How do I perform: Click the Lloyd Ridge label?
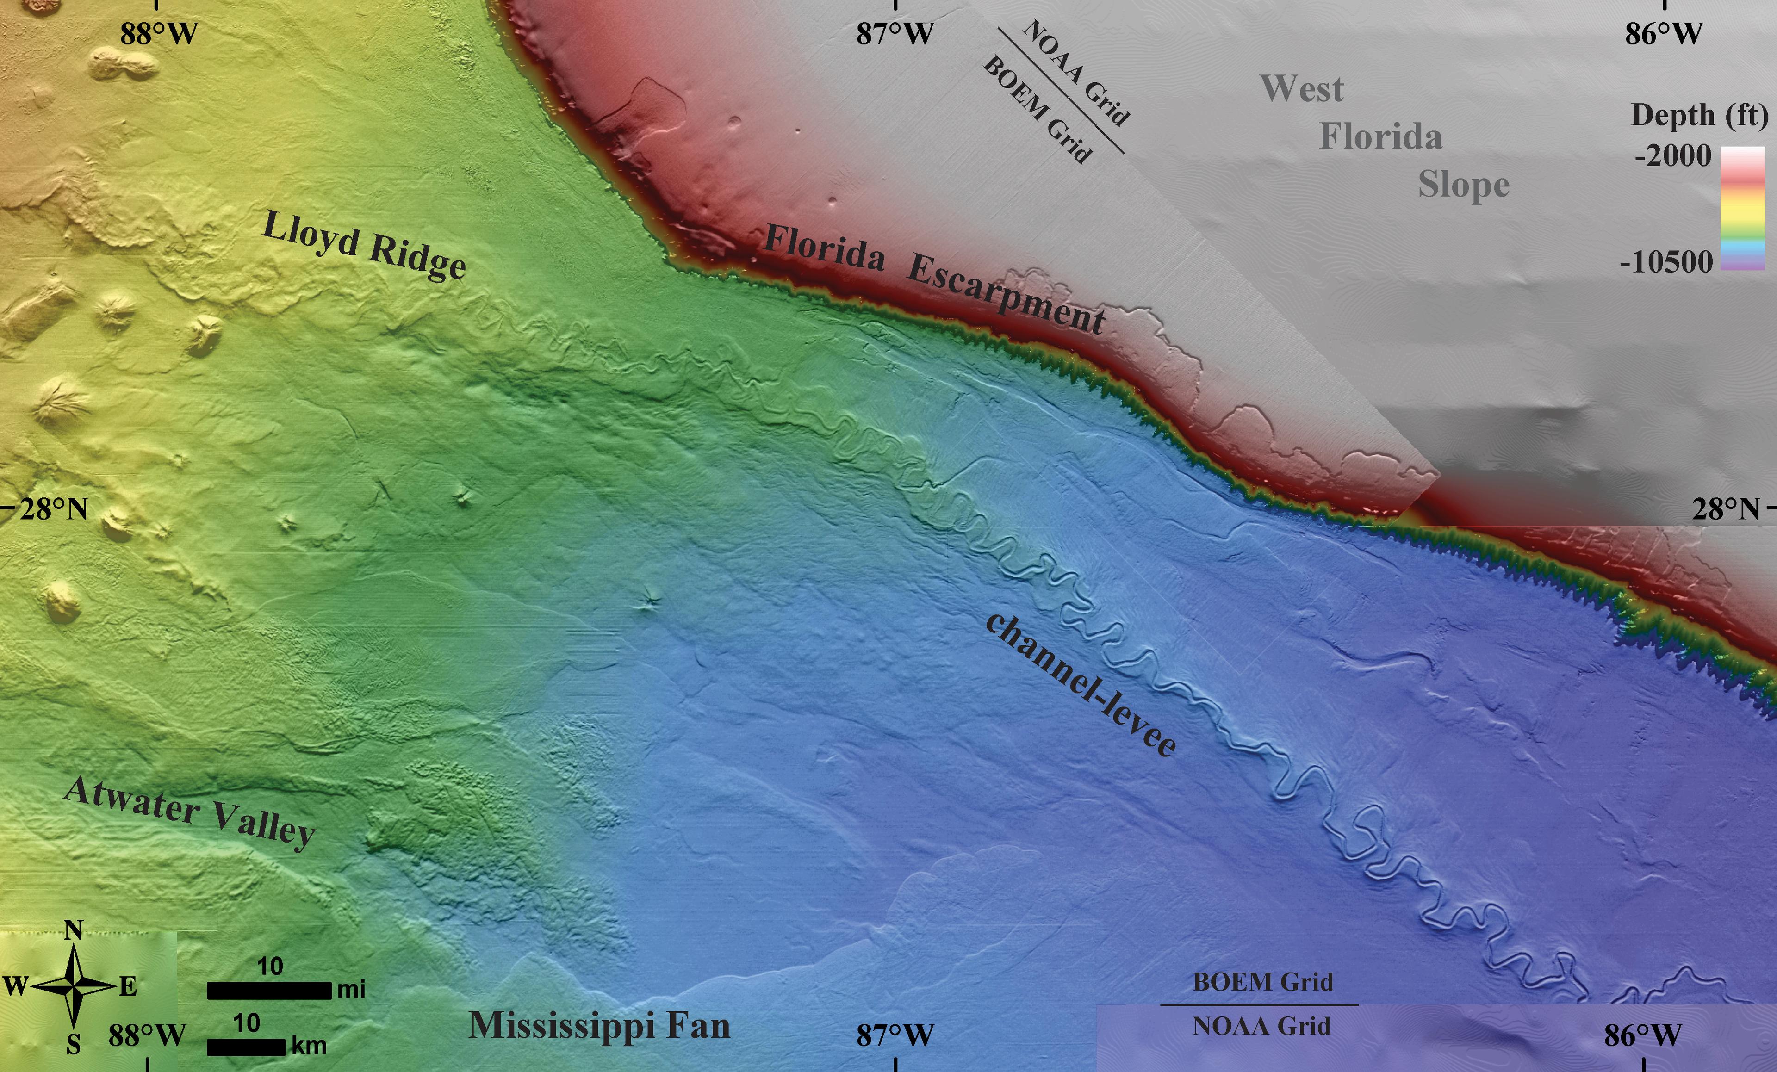click(363, 246)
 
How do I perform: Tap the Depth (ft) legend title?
click(1699, 115)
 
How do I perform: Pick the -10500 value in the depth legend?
click(1666, 262)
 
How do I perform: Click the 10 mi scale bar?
click(269, 991)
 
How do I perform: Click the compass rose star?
click(75, 985)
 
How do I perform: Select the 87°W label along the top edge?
click(895, 34)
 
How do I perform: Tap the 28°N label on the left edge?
click(53, 510)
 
